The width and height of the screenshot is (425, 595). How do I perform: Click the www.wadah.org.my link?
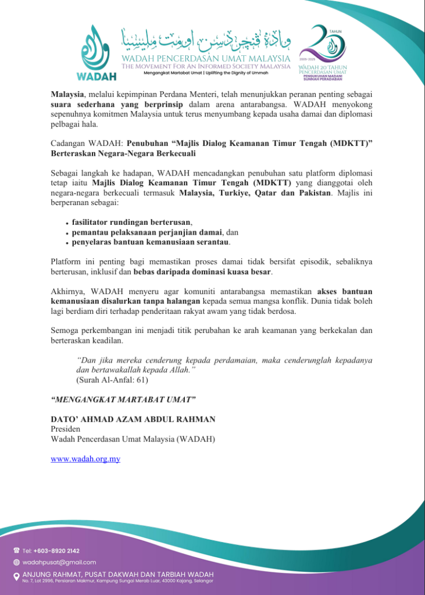85,459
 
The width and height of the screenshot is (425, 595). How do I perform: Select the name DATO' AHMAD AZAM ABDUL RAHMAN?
133,420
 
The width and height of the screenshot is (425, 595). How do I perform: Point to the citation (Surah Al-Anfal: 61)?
112,380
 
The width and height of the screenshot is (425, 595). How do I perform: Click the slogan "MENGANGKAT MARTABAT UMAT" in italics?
123,400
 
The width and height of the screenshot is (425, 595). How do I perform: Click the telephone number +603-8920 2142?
56,551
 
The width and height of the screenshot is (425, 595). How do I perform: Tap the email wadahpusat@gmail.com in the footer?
59,562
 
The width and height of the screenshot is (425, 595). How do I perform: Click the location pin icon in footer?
16,576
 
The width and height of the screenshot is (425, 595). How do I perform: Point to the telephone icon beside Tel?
16,551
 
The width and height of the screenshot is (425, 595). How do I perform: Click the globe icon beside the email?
16,562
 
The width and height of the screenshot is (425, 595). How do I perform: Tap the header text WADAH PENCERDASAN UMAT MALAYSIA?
205,59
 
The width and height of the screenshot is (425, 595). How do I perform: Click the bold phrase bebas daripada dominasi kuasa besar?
202,272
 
